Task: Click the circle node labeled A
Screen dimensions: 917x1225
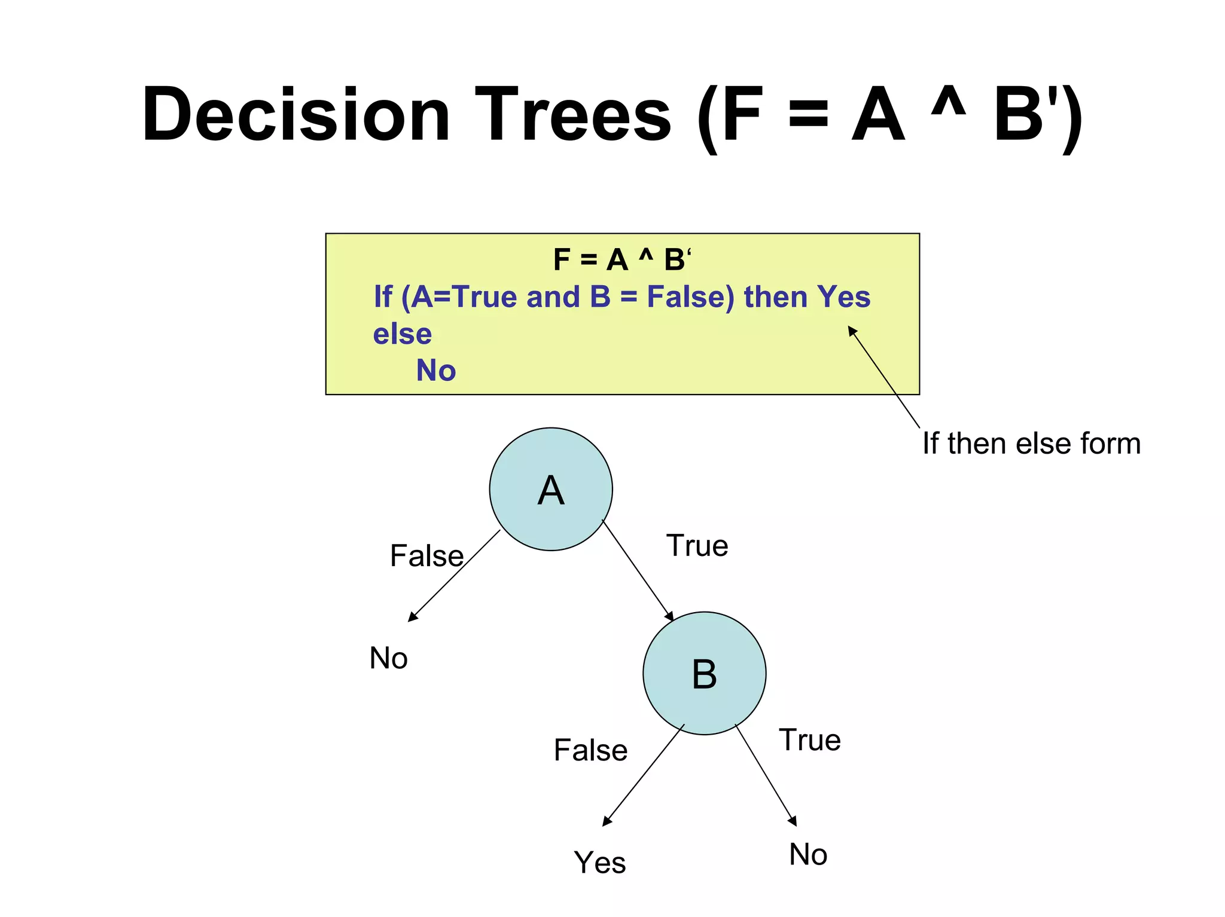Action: tap(550, 489)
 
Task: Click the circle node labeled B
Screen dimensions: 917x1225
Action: tap(704, 673)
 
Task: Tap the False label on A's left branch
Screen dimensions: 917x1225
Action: tap(426, 556)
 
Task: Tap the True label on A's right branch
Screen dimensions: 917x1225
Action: tap(697, 546)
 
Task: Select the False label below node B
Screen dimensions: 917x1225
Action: tap(590, 750)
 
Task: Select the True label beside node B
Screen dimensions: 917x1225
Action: tap(809, 740)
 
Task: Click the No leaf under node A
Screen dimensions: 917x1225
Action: tap(388, 658)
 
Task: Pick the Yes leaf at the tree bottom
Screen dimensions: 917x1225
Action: tap(599, 863)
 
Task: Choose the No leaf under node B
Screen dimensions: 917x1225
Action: tap(807, 854)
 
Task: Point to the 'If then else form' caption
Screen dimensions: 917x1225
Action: tap(1031, 444)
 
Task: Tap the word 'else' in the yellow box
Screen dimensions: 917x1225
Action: tap(402, 334)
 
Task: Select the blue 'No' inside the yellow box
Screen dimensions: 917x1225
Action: tap(435, 371)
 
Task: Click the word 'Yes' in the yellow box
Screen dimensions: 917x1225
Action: tap(843, 297)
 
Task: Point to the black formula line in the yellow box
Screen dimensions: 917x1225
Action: tap(621, 260)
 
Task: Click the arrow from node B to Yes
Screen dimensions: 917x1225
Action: tap(643, 775)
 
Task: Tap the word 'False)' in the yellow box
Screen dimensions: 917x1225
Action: tap(690, 297)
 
